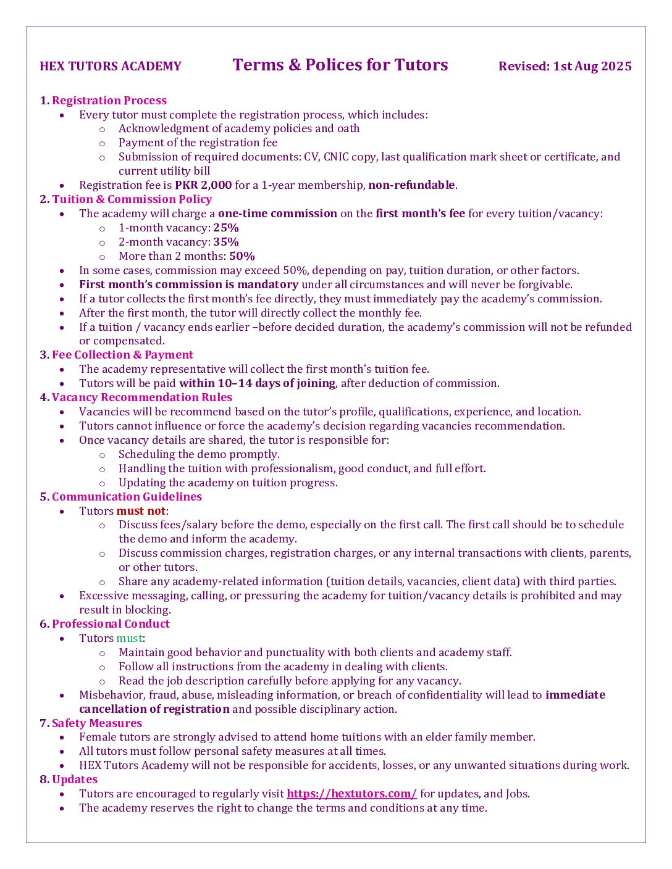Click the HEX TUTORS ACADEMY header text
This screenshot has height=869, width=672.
tap(111, 67)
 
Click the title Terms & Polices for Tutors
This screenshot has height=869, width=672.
tap(340, 65)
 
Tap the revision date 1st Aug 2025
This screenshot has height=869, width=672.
tap(592, 67)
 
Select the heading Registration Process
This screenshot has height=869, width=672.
tap(109, 101)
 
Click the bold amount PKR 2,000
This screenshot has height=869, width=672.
tap(203, 185)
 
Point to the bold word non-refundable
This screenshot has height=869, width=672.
tap(411, 185)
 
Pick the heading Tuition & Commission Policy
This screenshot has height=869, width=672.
tap(132, 199)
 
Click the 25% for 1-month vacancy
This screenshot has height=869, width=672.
tap(226, 228)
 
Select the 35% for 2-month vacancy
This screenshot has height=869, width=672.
tap(226, 242)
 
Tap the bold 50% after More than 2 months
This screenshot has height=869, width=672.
tap(242, 256)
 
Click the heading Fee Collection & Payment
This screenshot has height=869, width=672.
tap(122, 355)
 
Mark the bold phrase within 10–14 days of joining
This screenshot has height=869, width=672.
tap(257, 383)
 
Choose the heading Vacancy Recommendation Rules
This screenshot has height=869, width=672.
tap(142, 397)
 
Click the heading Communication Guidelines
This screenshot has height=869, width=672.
tap(127, 497)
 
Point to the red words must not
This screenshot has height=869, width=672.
tap(141, 511)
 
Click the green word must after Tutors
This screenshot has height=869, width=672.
tap(129, 638)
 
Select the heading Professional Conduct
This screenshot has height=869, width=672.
tap(111, 624)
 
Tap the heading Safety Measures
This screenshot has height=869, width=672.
tap(97, 723)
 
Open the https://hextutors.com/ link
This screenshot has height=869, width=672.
tap(351, 794)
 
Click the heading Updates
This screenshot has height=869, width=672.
tap(75, 780)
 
